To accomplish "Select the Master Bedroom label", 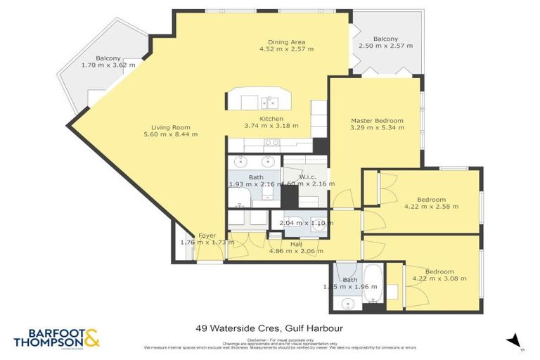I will [378, 121].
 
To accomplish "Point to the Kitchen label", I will [271, 119].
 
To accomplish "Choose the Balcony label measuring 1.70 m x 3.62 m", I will [108, 58].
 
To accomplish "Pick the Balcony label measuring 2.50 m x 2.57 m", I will [385, 39].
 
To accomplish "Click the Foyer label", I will [207, 236].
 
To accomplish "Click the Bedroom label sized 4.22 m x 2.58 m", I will [431, 199].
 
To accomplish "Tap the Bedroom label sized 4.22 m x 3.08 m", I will [439, 271].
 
